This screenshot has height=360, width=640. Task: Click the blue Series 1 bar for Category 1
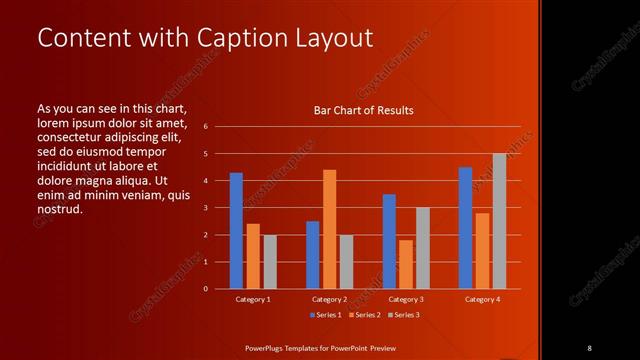(236, 231)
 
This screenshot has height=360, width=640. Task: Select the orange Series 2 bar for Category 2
(329, 229)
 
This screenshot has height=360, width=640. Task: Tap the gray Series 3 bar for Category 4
(499, 221)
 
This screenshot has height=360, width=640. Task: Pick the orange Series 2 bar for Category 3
(405, 264)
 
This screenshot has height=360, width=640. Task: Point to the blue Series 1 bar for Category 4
(465, 228)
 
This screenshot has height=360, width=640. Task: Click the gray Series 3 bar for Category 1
(269, 261)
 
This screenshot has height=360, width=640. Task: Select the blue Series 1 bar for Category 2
(312, 255)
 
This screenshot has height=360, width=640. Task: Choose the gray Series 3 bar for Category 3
(422, 248)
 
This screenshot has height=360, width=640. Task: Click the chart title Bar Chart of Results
(363, 110)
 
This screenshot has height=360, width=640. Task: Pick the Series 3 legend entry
(402, 314)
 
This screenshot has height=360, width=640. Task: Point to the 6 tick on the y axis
(205, 127)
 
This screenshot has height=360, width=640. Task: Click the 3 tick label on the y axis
(205, 208)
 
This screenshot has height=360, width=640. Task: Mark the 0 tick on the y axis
(205, 289)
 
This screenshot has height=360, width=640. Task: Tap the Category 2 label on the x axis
(329, 299)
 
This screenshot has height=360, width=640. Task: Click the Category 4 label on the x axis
(482, 299)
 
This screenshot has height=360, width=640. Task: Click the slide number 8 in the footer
(590, 347)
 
